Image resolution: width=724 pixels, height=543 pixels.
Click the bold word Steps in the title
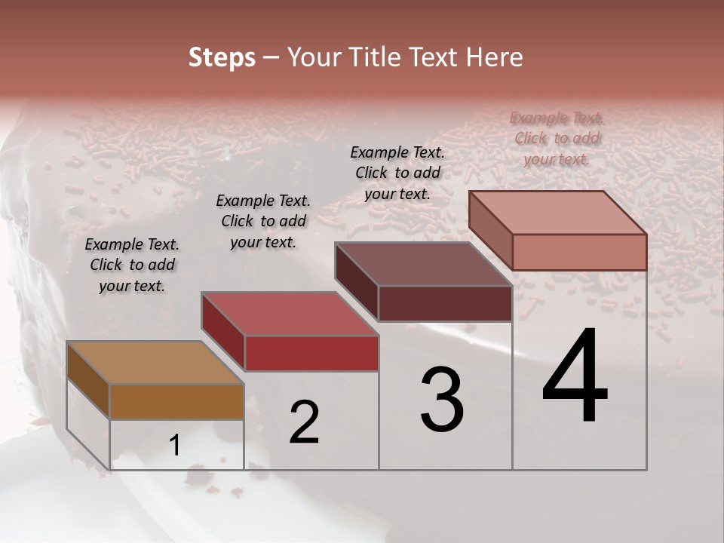point(222,57)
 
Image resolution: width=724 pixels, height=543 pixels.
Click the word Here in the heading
point(494,57)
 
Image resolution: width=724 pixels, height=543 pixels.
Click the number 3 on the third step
point(442,400)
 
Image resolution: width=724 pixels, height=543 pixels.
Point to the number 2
point(304,422)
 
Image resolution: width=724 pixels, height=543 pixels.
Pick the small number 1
point(175,446)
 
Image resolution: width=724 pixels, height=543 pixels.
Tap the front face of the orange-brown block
point(176,401)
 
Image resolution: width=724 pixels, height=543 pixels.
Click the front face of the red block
point(311,353)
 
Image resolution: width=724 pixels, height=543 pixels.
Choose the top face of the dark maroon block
point(422,265)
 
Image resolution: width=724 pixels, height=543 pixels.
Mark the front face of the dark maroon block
point(445,303)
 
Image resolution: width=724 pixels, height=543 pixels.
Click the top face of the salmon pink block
point(557,213)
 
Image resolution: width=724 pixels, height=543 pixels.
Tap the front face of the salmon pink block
point(579,252)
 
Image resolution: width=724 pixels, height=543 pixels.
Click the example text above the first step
point(132,265)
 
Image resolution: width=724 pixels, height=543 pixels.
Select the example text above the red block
point(263,221)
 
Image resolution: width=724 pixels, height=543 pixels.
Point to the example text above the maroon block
point(397,173)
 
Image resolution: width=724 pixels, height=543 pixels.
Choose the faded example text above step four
point(557,138)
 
